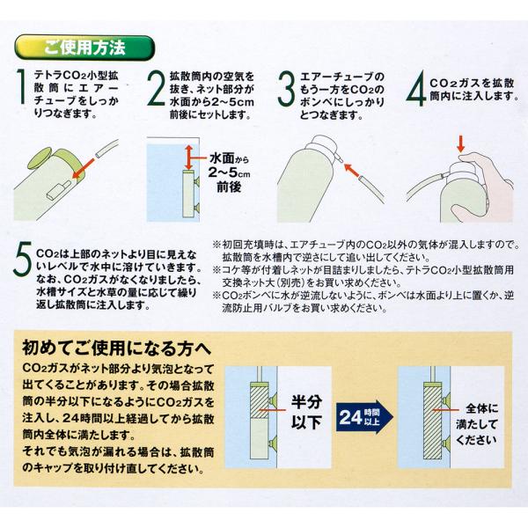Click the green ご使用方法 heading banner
tap(84, 48)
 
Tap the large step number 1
tap(21, 86)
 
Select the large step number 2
tap(157, 89)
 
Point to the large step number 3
tap(286, 89)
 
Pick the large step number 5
tap(23, 258)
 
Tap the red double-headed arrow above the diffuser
tap(189, 158)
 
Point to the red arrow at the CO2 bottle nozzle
tap(351, 170)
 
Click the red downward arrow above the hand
tap(461, 144)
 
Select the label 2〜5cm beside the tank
tap(229, 172)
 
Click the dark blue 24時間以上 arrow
tap(364, 417)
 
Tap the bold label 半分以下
tap(307, 412)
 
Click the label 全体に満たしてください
tap(477, 424)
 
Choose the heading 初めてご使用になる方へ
tap(116, 348)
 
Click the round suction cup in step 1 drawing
tap(40, 159)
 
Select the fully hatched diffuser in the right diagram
tap(433, 422)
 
